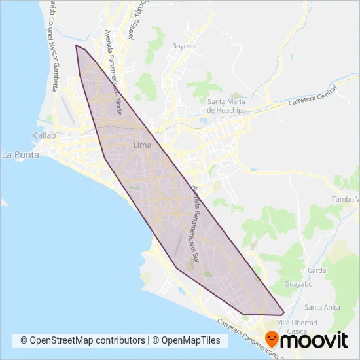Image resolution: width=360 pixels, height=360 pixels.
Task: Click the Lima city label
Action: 141,145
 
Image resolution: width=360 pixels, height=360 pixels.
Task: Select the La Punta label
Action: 21,155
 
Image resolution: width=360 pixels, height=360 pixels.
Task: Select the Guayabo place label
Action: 299,285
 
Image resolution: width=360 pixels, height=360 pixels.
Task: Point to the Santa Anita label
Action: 321,307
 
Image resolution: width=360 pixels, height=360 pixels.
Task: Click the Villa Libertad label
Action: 297,323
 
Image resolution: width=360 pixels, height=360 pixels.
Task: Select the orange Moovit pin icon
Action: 272,338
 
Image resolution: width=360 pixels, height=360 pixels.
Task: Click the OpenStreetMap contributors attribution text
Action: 82,341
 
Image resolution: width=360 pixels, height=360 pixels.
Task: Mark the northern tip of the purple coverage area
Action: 77,46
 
